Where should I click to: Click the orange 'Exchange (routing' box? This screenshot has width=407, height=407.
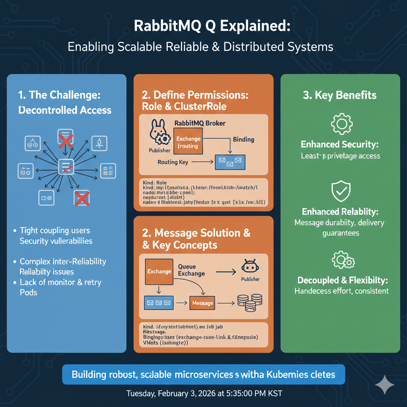[x=188, y=143]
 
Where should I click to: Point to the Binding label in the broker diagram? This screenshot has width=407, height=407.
[x=244, y=140]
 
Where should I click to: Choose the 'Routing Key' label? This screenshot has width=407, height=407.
[x=173, y=162]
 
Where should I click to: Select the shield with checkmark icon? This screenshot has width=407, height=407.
[x=340, y=192]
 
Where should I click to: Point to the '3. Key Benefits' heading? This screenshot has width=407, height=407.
[x=340, y=95]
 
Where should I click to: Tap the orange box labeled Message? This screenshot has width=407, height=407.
[x=202, y=303]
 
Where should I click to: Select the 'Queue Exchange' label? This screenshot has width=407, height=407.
[x=192, y=270]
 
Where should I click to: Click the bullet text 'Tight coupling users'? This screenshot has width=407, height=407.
[x=55, y=231]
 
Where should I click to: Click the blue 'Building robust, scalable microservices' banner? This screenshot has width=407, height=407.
[x=203, y=374]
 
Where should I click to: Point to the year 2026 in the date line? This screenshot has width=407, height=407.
[x=210, y=394]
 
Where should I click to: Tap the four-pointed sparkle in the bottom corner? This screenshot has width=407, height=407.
[x=385, y=385]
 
